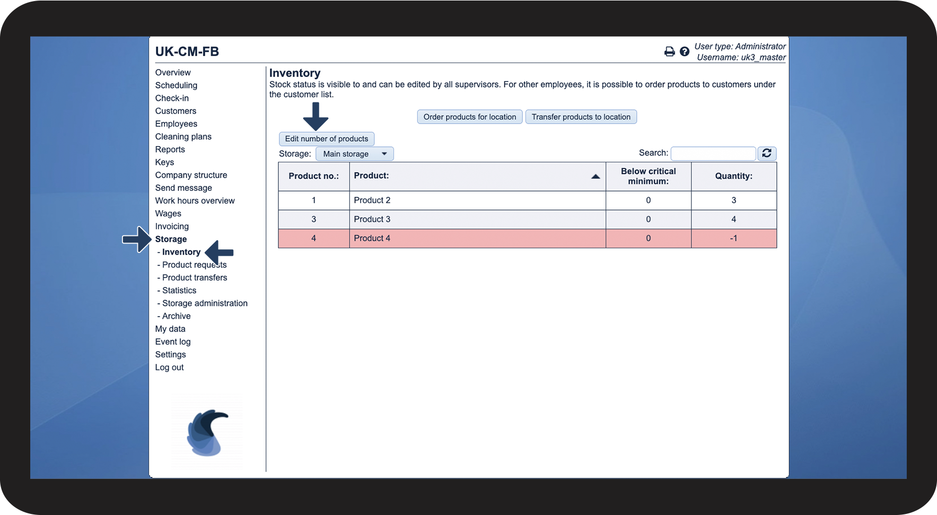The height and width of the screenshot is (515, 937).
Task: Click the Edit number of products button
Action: (327, 139)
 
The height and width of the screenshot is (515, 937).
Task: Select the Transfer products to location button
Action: (581, 117)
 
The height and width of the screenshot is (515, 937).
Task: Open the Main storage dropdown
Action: (355, 154)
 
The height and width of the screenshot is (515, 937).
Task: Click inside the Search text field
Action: (713, 153)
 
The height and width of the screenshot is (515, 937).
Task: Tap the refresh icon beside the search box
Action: (767, 153)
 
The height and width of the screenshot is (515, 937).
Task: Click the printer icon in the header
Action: (670, 51)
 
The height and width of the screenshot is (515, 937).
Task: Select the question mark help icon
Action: (685, 51)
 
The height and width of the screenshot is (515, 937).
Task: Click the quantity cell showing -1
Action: (734, 238)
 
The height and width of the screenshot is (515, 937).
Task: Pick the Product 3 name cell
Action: (477, 219)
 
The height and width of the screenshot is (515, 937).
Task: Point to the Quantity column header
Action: (734, 176)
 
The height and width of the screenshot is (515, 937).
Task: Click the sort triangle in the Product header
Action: (596, 177)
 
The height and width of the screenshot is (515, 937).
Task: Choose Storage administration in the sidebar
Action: (205, 303)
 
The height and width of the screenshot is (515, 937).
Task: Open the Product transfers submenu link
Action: (195, 277)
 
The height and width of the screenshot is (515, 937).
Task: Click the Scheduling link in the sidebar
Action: (176, 85)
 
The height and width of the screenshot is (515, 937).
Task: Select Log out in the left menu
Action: (170, 368)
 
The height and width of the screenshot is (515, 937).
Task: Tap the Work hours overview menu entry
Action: (195, 200)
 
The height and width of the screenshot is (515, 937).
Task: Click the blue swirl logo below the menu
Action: (207, 432)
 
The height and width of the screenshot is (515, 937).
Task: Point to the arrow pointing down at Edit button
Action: (316, 116)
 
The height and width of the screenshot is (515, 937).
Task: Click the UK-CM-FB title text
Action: (187, 51)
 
